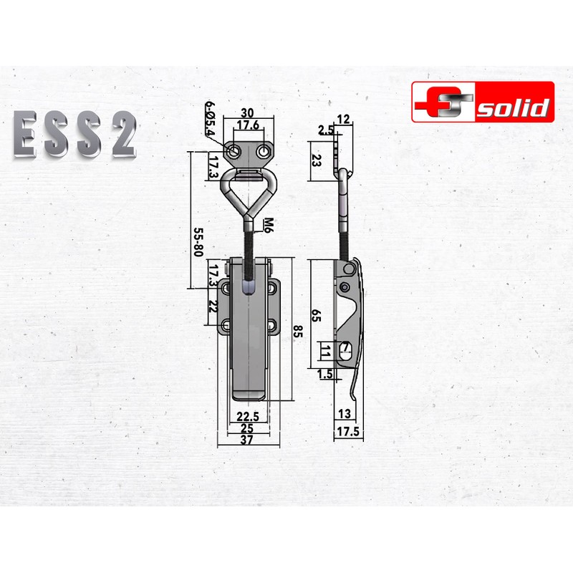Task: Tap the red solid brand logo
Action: (482, 101)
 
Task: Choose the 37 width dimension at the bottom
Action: (248, 440)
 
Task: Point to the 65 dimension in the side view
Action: (316, 314)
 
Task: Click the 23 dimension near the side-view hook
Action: (316, 160)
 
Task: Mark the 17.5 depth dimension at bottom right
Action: (348, 432)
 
